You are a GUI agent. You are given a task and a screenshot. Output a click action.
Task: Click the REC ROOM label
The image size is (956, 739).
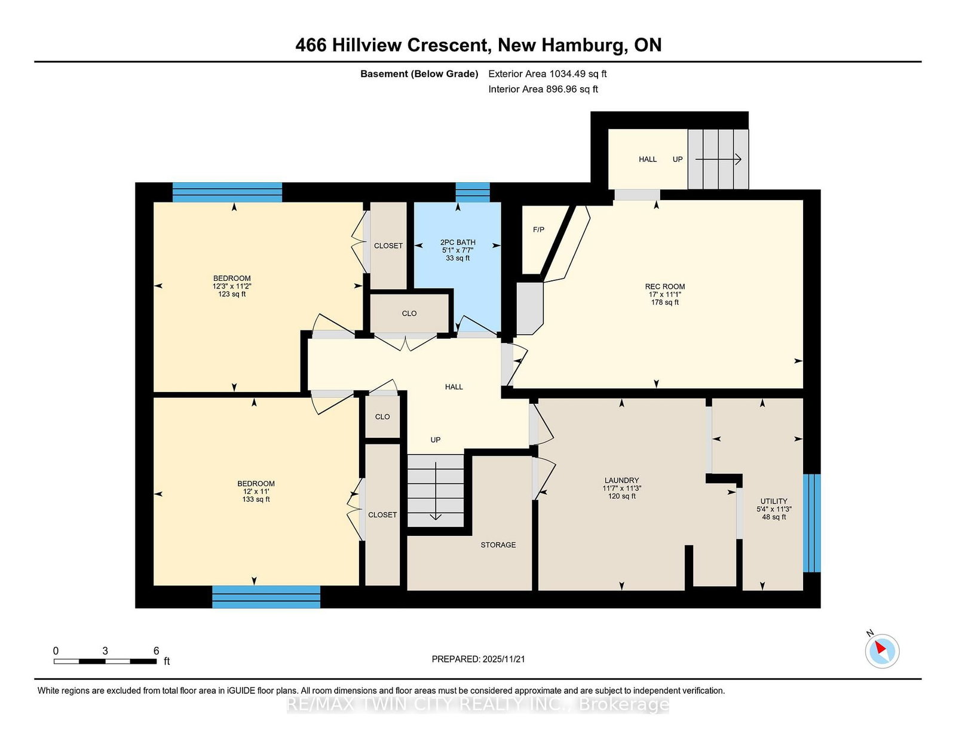click(x=665, y=287)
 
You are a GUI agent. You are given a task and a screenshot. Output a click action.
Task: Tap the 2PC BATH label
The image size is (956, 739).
click(x=458, y=243)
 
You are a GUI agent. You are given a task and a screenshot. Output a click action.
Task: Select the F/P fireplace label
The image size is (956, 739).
click(x=538, y=229)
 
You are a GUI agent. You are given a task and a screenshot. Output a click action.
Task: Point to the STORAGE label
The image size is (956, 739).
click(x=498, y=545)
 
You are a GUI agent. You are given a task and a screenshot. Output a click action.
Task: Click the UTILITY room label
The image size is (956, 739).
click(x=774, y=501)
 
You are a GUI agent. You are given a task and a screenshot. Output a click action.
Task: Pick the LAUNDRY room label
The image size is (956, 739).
click(x=621, y=481)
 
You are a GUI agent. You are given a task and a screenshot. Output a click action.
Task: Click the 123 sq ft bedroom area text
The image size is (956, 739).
click(x=232, y=295)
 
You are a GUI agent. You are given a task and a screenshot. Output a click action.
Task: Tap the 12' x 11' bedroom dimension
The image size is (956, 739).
click(x=256, y=492)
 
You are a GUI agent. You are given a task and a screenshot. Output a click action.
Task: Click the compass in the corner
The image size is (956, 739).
click(x=882, y=651)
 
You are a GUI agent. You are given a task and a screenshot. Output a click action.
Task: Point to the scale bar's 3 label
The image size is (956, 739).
click(x=105, y=651)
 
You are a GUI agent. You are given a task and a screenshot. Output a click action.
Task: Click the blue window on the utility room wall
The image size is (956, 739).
click(x=811, y=523)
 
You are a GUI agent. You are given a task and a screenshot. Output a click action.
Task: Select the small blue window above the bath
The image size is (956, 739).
click(x=473, y=192)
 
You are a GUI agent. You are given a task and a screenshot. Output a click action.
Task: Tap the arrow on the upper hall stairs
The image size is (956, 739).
click(x=718, y=160)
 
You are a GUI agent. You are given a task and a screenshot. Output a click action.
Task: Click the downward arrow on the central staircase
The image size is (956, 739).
click(x=436, y=491)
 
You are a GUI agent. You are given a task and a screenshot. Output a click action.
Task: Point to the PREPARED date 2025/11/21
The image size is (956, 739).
click(x=503, y=660)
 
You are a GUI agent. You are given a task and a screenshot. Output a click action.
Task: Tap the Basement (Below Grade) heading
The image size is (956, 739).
click(x=419, y=74)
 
